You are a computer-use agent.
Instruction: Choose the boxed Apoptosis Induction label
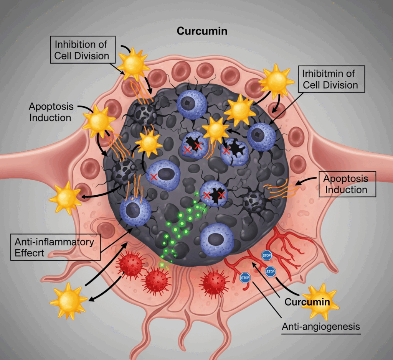click(x=345, y=184)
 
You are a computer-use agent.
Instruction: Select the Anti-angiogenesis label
click(x=321, y=327)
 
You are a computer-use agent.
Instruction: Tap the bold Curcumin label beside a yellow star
click(x=307, y=302)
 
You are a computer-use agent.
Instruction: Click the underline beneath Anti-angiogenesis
click(x=321, y=334)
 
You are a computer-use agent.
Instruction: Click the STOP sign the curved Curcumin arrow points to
click(x=270, y=272)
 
